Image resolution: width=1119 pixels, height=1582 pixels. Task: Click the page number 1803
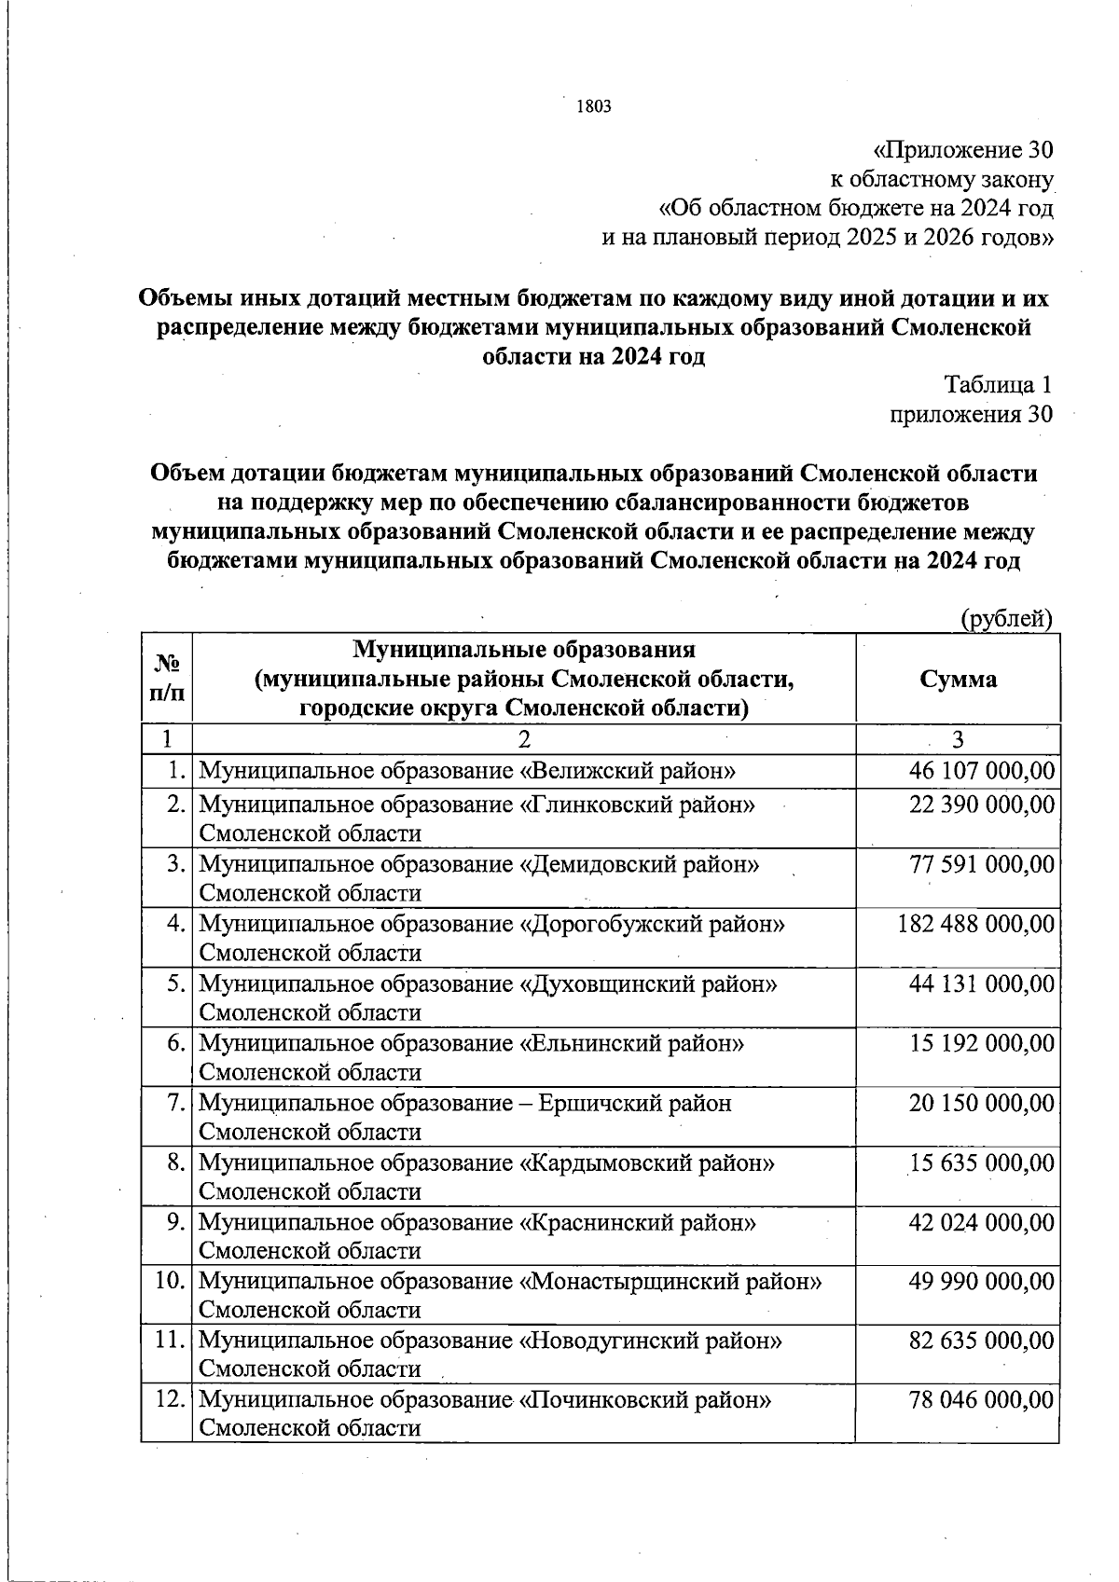point(594,106)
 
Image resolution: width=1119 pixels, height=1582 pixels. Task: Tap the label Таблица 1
point(998,384)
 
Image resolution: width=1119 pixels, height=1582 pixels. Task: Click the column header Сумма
point(958,679)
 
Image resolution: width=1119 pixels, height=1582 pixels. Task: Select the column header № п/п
point(166,678)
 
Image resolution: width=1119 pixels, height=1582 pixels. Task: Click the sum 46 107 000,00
point(981,771)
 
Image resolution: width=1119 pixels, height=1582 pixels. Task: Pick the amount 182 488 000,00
point(975,924)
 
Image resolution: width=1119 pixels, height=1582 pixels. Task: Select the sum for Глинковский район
point(981,805)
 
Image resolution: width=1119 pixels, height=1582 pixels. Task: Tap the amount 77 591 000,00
point(981,864)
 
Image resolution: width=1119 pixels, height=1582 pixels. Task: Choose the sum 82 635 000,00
point(981,1341)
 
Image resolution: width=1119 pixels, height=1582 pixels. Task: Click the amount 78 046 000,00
point(981,1400)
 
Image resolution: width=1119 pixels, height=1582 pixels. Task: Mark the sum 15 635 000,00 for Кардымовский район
point(981,1162)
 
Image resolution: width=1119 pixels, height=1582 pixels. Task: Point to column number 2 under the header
point(524,739)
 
